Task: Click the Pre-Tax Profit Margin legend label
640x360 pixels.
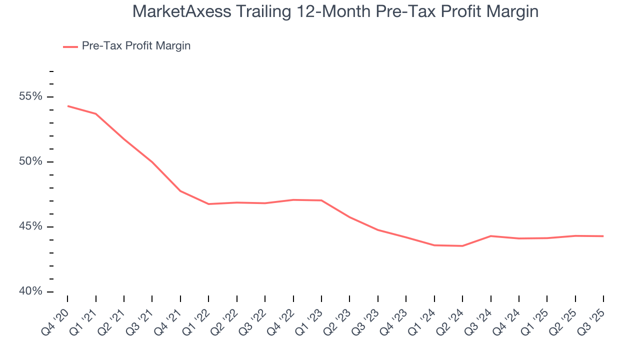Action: pos(136,46)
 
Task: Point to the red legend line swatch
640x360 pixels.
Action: pos(70,46)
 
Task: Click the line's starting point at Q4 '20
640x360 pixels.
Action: pos(67,106)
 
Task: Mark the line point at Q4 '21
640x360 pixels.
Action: pos(180,191)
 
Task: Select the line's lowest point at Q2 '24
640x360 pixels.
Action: pos(462,246)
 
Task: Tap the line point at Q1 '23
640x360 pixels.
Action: pos(321,200)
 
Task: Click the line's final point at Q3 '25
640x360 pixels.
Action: pos(603,236)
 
